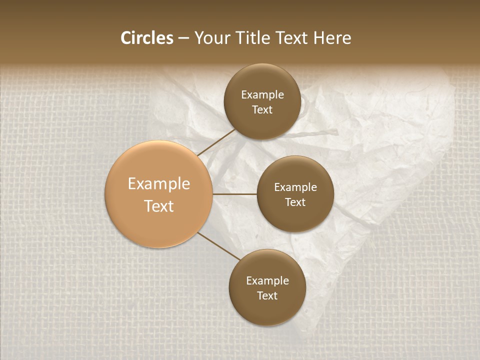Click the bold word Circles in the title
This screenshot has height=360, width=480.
point(147,38)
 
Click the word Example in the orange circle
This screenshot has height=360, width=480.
point(159,184)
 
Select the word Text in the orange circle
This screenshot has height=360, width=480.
point(159,206)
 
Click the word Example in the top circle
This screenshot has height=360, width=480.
point(262,95)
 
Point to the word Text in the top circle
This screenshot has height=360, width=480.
point(262,109)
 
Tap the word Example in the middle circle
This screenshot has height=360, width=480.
point(295,187)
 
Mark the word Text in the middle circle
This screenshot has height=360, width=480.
point(295,202)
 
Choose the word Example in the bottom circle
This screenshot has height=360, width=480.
point(267,281)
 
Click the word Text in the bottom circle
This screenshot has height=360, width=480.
point(267,295)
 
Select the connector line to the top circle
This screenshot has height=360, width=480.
point(216,142)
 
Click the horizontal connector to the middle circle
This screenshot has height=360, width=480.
point(235,194)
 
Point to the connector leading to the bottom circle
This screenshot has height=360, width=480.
point(219,246)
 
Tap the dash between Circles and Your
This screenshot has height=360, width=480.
point(183,38)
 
